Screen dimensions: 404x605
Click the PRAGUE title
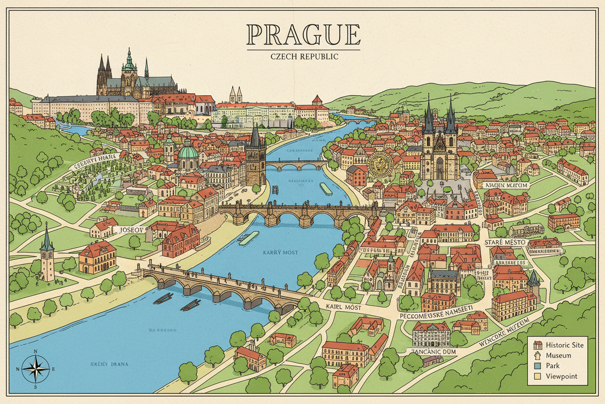[x=303, y=35]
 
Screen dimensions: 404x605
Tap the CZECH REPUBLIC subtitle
[x=303, y=56]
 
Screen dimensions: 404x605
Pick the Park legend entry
[x=553, y=366]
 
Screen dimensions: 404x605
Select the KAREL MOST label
[x=344, y=307]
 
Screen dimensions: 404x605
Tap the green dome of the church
[x=188, y=153]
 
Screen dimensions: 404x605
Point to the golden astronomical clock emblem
[x=378, y=164]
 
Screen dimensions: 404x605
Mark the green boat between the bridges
[x=249, y=238]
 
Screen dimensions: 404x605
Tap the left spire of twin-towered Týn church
[x=429, y=119]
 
